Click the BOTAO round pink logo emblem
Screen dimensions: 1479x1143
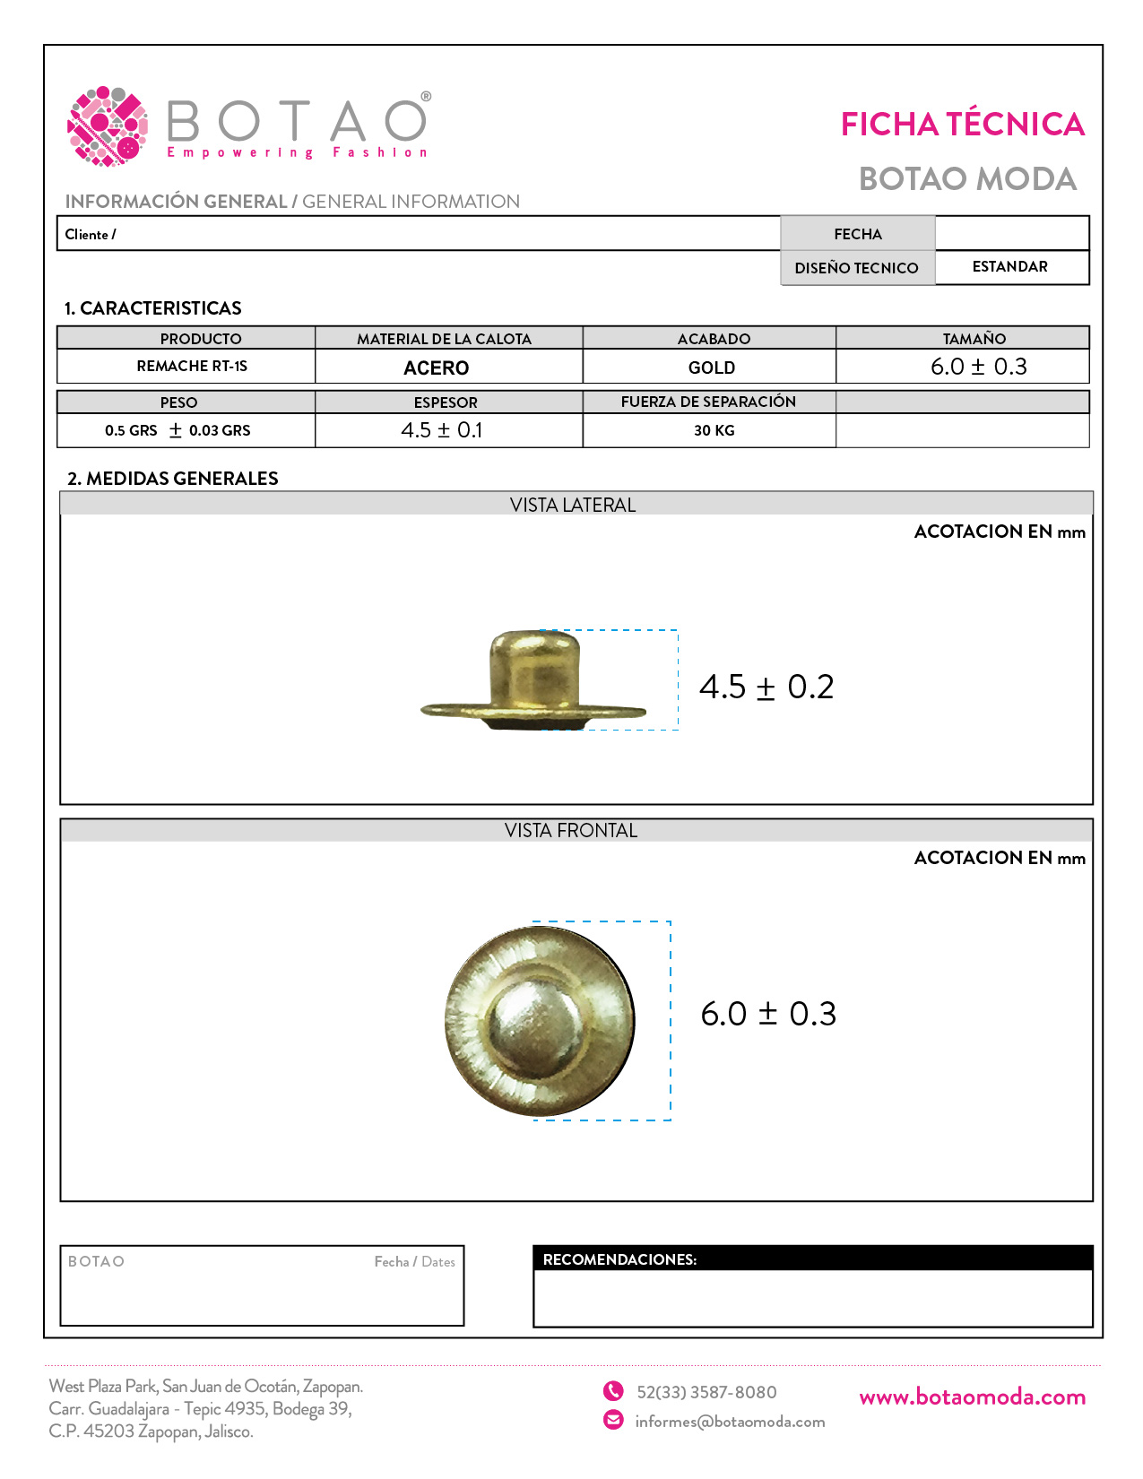[108, 126]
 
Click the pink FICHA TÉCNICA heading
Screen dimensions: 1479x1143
[962, 125]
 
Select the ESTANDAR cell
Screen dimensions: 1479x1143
[1009, 267]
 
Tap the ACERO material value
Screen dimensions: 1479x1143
[437, 368]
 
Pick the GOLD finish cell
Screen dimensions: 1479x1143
[712, 368]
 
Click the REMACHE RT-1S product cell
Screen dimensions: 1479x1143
[192, 366]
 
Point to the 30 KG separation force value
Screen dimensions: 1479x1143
[714, 430]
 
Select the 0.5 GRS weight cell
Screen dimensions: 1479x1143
[178, 430]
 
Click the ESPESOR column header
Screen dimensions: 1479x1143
[446, 402]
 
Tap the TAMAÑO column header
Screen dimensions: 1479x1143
[974, 339]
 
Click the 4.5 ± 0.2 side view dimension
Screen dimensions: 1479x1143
[766, 687]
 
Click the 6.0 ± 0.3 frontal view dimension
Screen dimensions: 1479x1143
[768, 1014]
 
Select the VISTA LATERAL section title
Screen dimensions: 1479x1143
[573, 505]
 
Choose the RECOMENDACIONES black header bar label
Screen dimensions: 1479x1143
[619, 1259]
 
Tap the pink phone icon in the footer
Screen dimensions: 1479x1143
[613, 1391]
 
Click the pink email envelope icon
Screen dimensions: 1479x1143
[613, 1420]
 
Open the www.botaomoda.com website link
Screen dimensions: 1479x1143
[972, 1397]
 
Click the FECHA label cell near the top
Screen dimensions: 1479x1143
[858, 234]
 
